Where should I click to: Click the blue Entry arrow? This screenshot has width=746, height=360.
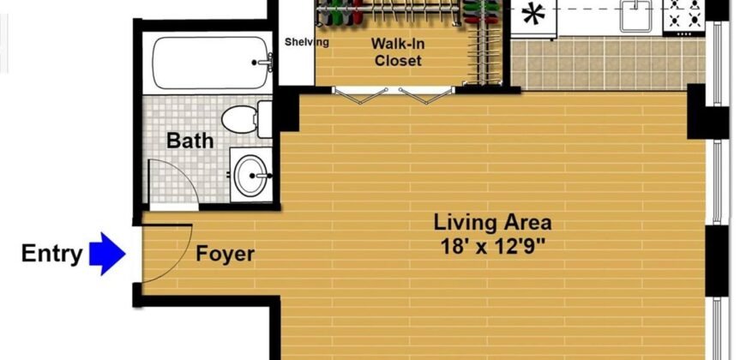[x=107, y=254]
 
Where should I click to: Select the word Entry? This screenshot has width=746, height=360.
[x=51, y=254]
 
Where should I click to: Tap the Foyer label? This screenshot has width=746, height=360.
[x=225, y=255]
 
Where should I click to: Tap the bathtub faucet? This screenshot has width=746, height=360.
[x=266, y=63]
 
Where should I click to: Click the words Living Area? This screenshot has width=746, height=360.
[x=492, y=224]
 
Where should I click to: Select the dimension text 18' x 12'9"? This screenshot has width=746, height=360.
[x=492, y=247]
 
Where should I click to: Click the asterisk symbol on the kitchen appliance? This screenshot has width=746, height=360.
[x=534, y=15]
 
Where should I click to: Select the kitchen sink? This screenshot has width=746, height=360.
[x=635, y=15]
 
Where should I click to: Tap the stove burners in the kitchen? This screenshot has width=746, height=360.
[x=685, y=15]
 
